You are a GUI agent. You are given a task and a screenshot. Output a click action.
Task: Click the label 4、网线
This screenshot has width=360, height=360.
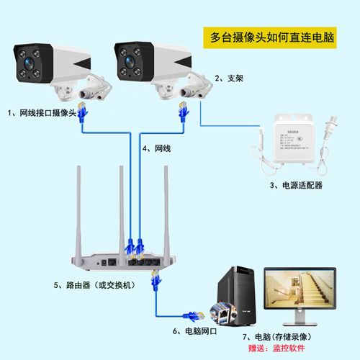[156, 148]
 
